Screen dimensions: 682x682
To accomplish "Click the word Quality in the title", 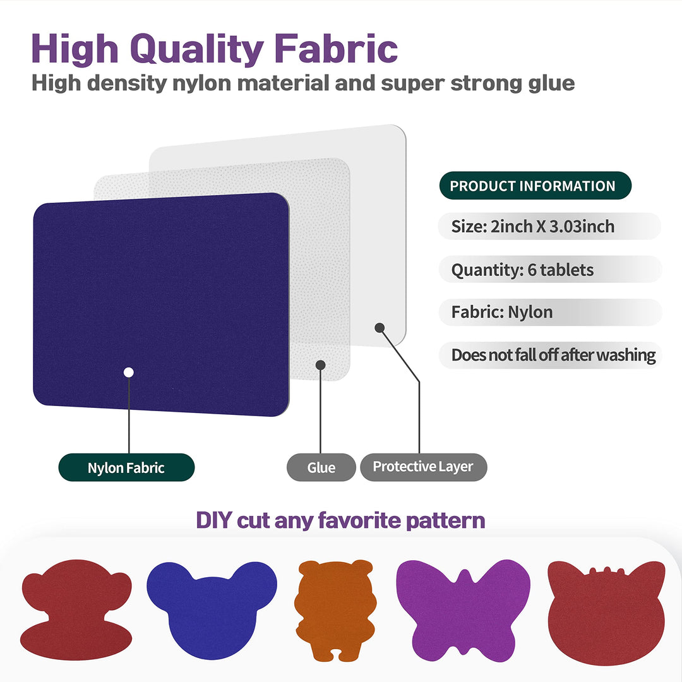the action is coord(197,50).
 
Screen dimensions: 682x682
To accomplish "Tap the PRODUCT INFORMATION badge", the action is coord(535,186).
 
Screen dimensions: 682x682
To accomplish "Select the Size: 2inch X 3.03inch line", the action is coord(532,227).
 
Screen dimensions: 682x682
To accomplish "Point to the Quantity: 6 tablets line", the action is coord(522,270).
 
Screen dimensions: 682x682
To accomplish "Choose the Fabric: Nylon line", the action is coord(502,313).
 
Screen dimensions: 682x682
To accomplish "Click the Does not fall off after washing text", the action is coord(553,356).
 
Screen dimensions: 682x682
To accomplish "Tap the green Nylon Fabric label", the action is coord(126,467).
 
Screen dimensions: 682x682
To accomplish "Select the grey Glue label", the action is coord(321,467).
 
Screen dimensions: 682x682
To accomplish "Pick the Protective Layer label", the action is coord(423,467).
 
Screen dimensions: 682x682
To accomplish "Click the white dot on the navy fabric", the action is coord(128,373).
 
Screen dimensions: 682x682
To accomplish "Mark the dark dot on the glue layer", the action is coord(321,365).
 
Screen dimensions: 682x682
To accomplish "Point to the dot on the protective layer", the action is coord(380,328).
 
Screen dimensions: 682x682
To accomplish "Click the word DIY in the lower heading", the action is coord(213,520).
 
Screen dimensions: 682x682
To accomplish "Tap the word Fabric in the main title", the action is coord(336,49).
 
